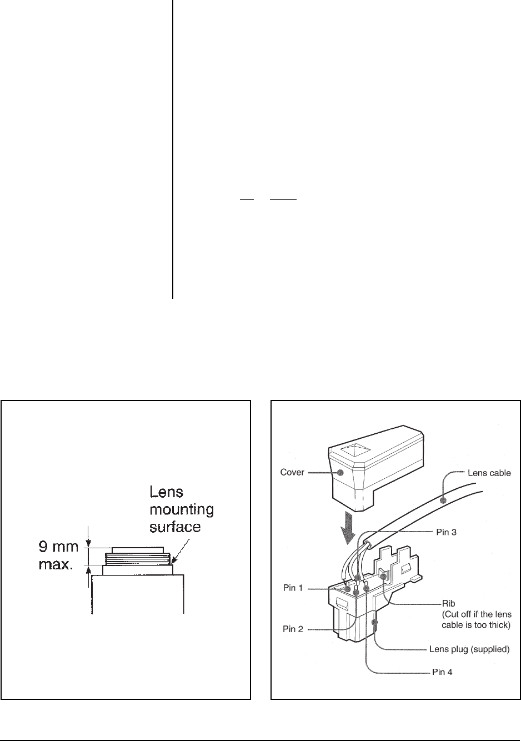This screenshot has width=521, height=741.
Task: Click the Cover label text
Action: coord(292,473)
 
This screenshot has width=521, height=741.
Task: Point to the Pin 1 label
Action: coord(293,588)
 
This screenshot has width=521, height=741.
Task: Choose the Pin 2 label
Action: coord(293,629)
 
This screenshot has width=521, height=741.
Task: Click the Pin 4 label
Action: coord(442,672)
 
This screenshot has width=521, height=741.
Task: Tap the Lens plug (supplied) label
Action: coord(469,648)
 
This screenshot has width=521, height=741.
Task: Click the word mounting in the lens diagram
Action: coord(182,509)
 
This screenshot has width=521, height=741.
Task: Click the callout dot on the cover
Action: coord(340,472)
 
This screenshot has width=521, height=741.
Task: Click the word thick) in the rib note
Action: coord(499,625)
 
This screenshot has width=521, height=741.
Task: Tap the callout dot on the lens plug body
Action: coord(375,623)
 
